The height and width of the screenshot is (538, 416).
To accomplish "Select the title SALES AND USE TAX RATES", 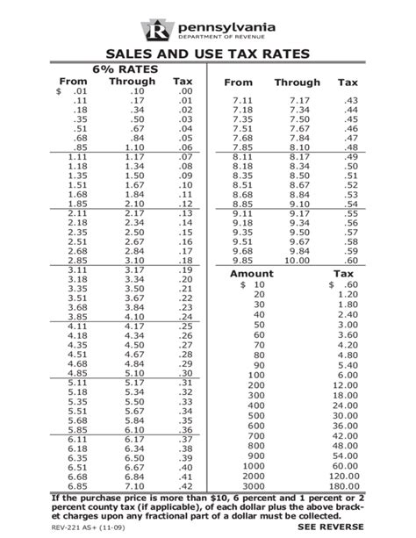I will coord(208,55).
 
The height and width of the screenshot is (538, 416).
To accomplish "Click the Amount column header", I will coord(252,275).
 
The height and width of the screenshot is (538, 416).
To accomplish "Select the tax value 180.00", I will coord(343,486).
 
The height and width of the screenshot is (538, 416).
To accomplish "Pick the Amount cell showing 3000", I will coord(252,486).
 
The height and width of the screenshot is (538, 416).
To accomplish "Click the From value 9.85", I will coord(242,261).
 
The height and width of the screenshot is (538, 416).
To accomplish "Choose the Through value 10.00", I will coord(298,261).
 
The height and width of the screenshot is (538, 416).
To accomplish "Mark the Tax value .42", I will coord(184,486).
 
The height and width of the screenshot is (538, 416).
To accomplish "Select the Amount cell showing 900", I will coord(255,456).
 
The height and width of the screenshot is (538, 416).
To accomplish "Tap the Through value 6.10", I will coord(133,430).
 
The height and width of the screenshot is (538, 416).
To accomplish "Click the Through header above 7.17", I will coord(297,82).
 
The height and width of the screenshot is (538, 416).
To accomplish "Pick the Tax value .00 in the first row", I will coord(184,91).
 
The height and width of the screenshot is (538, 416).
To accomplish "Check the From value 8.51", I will coord(242,186).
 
